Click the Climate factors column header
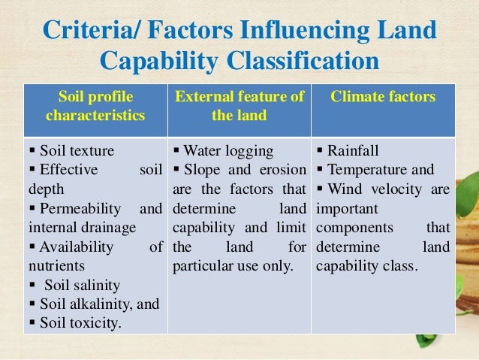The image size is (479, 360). click(383, 97)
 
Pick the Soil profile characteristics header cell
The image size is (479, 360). click(96, 107)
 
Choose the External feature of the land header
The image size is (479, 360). click(239, 107)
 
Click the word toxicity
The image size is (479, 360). click(93, 324)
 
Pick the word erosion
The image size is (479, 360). click(283, 168)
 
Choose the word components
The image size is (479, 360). click(351, 227)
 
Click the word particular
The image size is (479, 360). click(205, 265)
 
